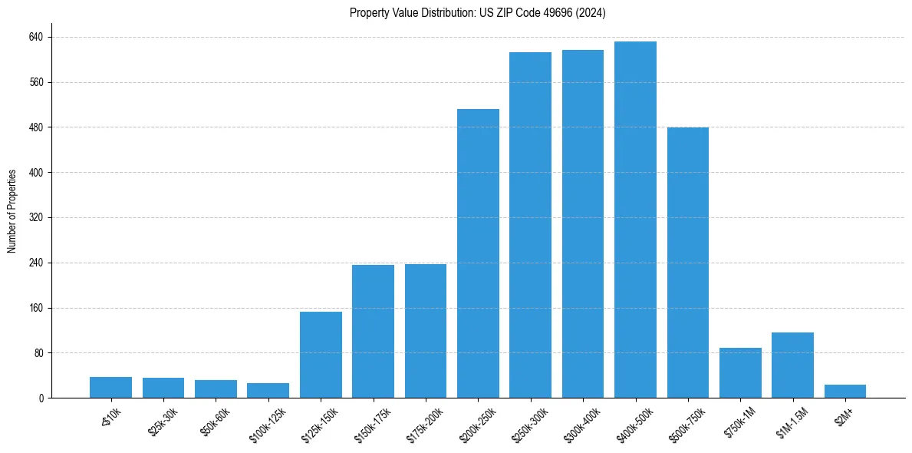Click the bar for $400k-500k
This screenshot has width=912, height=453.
pyautogui.click(x=635, y=220)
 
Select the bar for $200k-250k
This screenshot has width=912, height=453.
pyautogui.click(x=478, y=253)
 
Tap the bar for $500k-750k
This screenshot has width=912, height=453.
pyautogui.click(x=688, y=263)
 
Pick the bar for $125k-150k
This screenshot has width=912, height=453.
pyautogui.click(x=321, y=355)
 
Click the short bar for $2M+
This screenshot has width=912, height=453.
pyautogui.click(x=845, y=392)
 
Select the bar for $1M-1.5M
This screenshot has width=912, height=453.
pyautogui.click(x=792, y=365)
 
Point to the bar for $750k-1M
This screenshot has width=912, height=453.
pyautogui.click(x=740, y=373)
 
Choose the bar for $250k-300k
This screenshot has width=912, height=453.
pyautogui.click(x=530, y=225)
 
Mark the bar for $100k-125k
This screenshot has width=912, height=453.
pyautogui.click(x=268, y=391)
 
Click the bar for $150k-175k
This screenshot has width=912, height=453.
pyautogui.click(x=373, y=332)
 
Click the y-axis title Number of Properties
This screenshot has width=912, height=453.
pyautogui.click(x=12, y=211)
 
